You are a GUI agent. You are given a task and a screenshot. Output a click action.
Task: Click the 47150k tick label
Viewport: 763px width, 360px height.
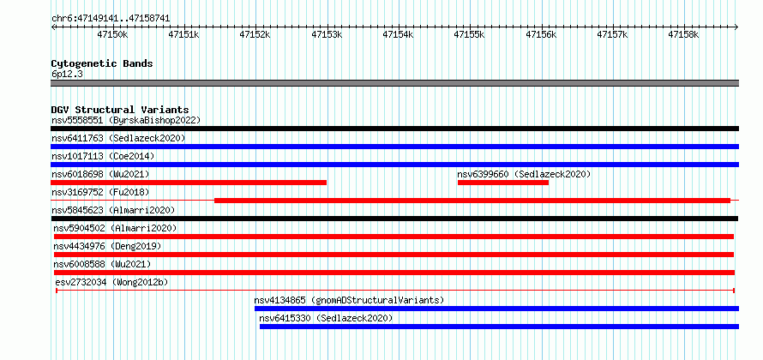pyautogui.click(x=112, y=34)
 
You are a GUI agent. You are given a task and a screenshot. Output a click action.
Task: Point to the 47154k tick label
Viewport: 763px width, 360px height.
pyautogui.click(x=398, y=34)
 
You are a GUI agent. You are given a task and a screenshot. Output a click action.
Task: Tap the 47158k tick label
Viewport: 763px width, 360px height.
pyautogui.click(x=683, y=34)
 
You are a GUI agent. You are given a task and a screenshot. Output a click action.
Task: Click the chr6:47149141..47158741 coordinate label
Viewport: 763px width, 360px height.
pyautogui.click(x=111, y=19)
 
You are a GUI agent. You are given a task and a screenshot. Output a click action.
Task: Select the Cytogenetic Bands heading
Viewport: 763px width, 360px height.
pyautogui.click(x=102, y=63)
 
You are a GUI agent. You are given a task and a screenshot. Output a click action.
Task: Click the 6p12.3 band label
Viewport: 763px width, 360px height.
pyautogui.click(x=67, y=74)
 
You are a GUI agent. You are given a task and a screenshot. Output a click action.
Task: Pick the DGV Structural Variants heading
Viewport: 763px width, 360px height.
pyautogui.click(x=120, y=110)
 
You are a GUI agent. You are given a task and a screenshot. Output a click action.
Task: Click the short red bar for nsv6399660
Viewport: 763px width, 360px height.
pyautogui.click(x=503, y=183)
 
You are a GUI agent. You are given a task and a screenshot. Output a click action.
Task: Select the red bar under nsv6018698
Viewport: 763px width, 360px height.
pyautogui.click(x=189, y=183)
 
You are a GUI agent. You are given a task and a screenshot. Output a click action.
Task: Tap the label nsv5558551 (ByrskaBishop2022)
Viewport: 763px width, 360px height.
pyautogui.click(x=126, y=120)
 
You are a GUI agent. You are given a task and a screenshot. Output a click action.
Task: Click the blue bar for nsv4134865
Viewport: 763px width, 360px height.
pyautogui.click(x=497, y=309)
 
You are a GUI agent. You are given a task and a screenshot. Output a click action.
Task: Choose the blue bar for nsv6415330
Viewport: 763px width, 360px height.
pyautogui.click(x=499, y=327)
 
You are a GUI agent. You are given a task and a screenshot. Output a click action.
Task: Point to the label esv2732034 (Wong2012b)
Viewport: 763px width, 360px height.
pyautogui.click(x=112, y=282)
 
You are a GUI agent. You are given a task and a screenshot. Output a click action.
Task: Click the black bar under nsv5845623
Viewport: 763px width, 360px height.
pyautogui.click(x=394, y=219)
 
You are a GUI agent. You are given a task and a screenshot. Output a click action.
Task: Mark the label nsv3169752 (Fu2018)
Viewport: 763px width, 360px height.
pyautogui.click(x=100, y=192)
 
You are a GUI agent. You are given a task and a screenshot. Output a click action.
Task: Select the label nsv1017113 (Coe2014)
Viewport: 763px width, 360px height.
pyautogui.click(x=103, y=156)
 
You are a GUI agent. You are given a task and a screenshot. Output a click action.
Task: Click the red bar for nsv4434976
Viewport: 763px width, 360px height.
pyautogui.click(x=394, y=255)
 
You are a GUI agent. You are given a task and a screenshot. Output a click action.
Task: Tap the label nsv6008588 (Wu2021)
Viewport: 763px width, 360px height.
pyautogui.click(x=102, y=264)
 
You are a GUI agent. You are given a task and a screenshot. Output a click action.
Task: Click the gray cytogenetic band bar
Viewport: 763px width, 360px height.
pyautogui.click(x=395, y=83)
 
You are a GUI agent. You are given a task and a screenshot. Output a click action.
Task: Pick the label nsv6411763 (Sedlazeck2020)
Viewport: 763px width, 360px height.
pyautogui.click(x=118, y=138)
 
